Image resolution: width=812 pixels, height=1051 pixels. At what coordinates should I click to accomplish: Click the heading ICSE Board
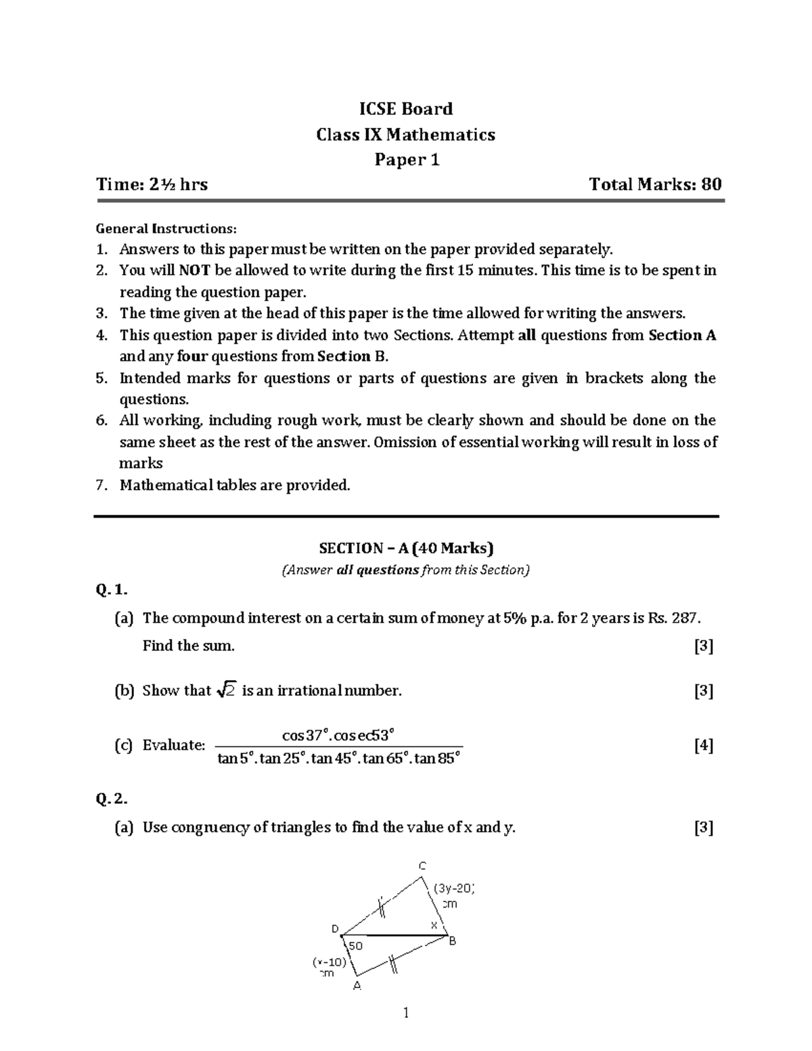(x=405, y=109)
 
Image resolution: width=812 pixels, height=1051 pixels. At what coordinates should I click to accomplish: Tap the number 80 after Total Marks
(x=711, y=184)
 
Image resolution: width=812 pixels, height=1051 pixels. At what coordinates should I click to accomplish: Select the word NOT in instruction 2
(x=195, y=271)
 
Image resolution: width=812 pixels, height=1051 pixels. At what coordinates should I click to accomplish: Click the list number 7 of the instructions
(x=101, y=485)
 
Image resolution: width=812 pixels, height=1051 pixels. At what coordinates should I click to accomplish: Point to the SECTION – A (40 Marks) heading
(x=406, y=547)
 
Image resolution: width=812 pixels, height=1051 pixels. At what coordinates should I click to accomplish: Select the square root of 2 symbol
(x=226, y=691)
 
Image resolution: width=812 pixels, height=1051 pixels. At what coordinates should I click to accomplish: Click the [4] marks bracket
(x=704, y=746)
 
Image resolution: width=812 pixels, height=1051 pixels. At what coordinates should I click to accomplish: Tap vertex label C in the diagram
(x=422, y=866)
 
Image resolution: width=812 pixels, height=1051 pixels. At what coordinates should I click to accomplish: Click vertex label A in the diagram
(x=357, y=986)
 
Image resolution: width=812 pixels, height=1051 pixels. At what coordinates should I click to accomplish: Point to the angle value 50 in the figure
(x=356, y=945)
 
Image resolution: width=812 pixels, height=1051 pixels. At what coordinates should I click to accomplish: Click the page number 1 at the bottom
(x=406, y=1013)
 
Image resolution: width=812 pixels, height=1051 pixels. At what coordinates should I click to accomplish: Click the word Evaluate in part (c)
(x=173, y=746)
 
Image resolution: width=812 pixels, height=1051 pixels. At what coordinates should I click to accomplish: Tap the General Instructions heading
(x=166, y=228)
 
